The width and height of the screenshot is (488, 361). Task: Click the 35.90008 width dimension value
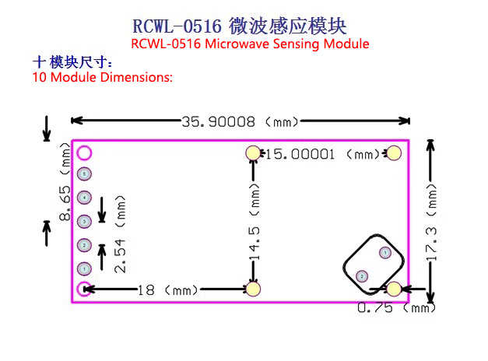tap(219, 121)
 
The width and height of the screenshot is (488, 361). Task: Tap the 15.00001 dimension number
tap(300, 154)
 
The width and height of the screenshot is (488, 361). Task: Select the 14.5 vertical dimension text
tap(255, 244)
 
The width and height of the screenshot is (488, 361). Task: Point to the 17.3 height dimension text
tap(431, 244)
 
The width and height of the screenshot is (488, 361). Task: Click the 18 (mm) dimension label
tap(168, 290)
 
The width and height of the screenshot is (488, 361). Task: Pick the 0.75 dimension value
tap(375, 308)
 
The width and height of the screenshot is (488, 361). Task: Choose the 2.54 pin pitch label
tap(120, 257)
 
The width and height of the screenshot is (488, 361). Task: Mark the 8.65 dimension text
tap(65, 203)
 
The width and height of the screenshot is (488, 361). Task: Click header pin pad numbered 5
tap(84, 173)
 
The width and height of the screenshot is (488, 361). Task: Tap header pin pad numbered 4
tap(84, 198)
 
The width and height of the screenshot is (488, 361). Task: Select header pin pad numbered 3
tap(84, 221)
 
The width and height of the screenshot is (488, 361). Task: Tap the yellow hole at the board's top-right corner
tap(394, 153)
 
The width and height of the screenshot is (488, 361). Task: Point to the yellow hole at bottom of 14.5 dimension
tap(253, 289)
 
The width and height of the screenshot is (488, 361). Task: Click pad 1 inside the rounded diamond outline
tap(385, 252)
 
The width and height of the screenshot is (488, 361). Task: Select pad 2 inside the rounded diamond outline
tap(362, 276)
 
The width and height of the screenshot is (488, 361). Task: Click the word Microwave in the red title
tap(237, 44)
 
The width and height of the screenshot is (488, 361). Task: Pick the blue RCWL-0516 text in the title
tap(177, 26)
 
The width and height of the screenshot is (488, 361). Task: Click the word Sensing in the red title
tap(297, 44)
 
